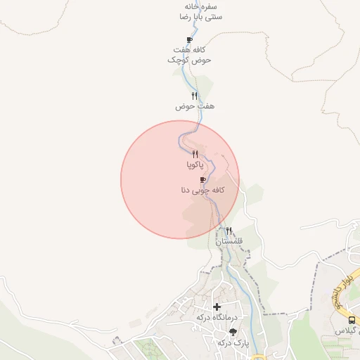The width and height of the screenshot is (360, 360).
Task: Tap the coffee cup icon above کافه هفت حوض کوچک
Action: [x=189, y=40]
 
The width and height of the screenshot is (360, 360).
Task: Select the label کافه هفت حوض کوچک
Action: [x=190, y=55]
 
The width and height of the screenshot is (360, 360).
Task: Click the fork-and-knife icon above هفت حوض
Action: [x=194, y=96]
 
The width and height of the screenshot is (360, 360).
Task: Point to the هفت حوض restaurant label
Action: [x=194, y=106]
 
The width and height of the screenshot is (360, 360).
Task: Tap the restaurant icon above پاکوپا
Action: [x=195, y=154]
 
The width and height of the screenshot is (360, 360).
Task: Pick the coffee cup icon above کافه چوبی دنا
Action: [x=203, y=180]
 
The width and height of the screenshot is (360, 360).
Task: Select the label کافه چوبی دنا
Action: [x=202, y=191]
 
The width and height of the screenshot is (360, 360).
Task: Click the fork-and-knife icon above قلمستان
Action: [x=229, y=231]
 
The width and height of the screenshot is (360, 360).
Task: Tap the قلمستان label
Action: [x=229, y=241]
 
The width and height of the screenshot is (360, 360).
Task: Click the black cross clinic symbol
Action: [x=217, y=307]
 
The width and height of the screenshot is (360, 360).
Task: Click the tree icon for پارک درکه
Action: [x=233, y=332]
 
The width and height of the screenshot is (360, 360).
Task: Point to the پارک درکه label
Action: [x=233, y=342]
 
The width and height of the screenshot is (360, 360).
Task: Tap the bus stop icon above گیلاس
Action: [x=352, y=320]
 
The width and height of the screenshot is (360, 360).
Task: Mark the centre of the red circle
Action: [x=180, y=179]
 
